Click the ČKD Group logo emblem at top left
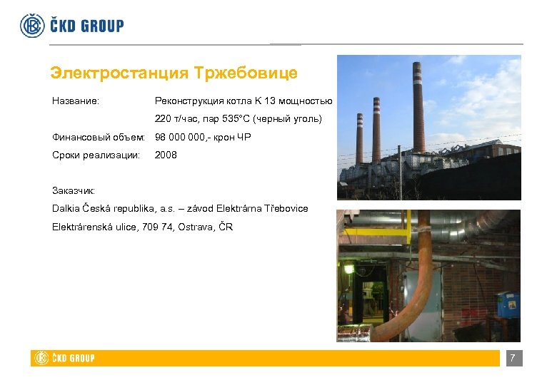pos(31,26)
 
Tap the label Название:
pos(76,101)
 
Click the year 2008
pos(166,155)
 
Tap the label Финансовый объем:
pos(99,137)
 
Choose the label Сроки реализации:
pos(96,155)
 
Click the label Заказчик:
pos(73,190)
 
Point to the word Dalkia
pos(67,208)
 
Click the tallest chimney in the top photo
pos(419,107)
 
